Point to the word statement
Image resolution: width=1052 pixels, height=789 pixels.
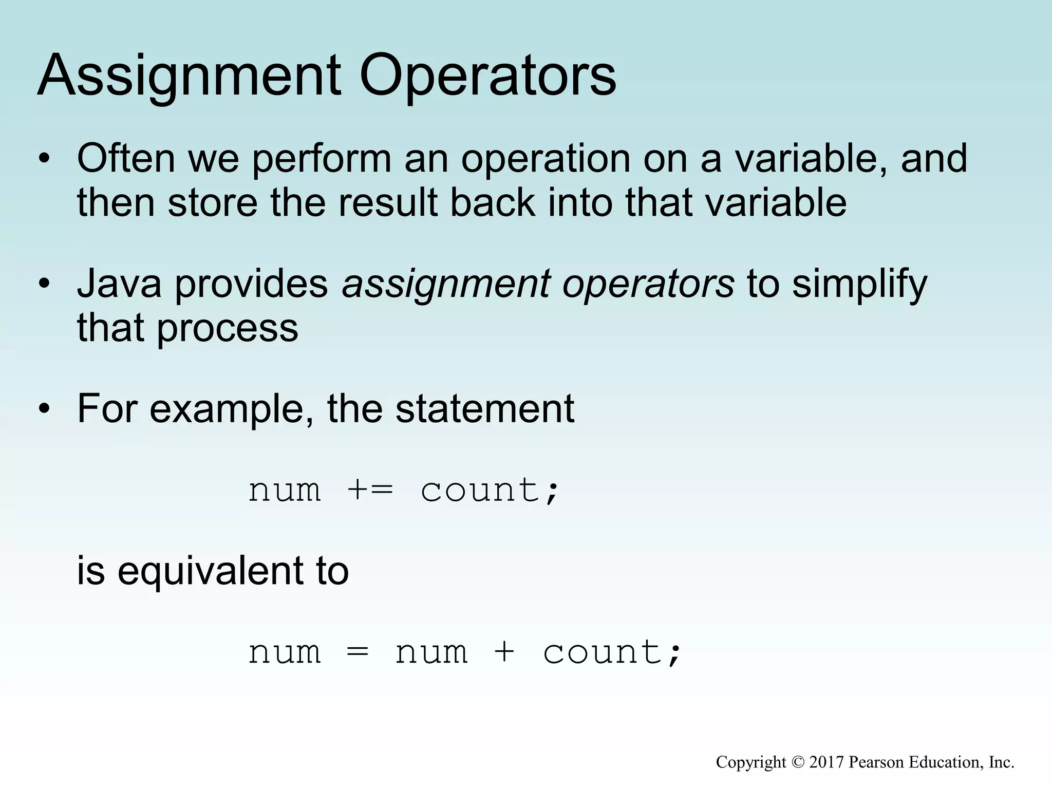pyautogui.click(x=485, y=409)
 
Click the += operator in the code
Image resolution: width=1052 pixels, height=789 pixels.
pyautogui.click(x=370, y=490)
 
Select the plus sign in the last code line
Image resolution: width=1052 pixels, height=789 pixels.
pyautogui.click(x=505, y=652)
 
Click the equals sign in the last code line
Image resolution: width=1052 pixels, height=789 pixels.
pyautogui.click(x=358, y=652)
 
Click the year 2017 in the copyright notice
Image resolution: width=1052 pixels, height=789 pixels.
pyautogui.click(x=826, y=762)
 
